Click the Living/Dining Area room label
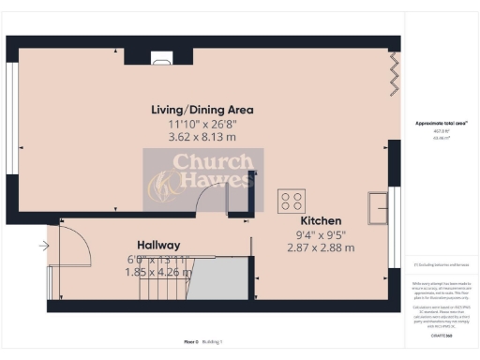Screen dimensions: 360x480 (x=202, y=110)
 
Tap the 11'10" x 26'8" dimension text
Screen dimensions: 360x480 (x=202, y=123)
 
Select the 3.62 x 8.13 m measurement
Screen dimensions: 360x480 (x=202, y=136)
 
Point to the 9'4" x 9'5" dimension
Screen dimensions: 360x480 (x=321, y=235)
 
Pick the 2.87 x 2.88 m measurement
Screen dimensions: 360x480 (x=321, y=248)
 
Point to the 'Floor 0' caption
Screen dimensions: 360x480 (x=192, y=341)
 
